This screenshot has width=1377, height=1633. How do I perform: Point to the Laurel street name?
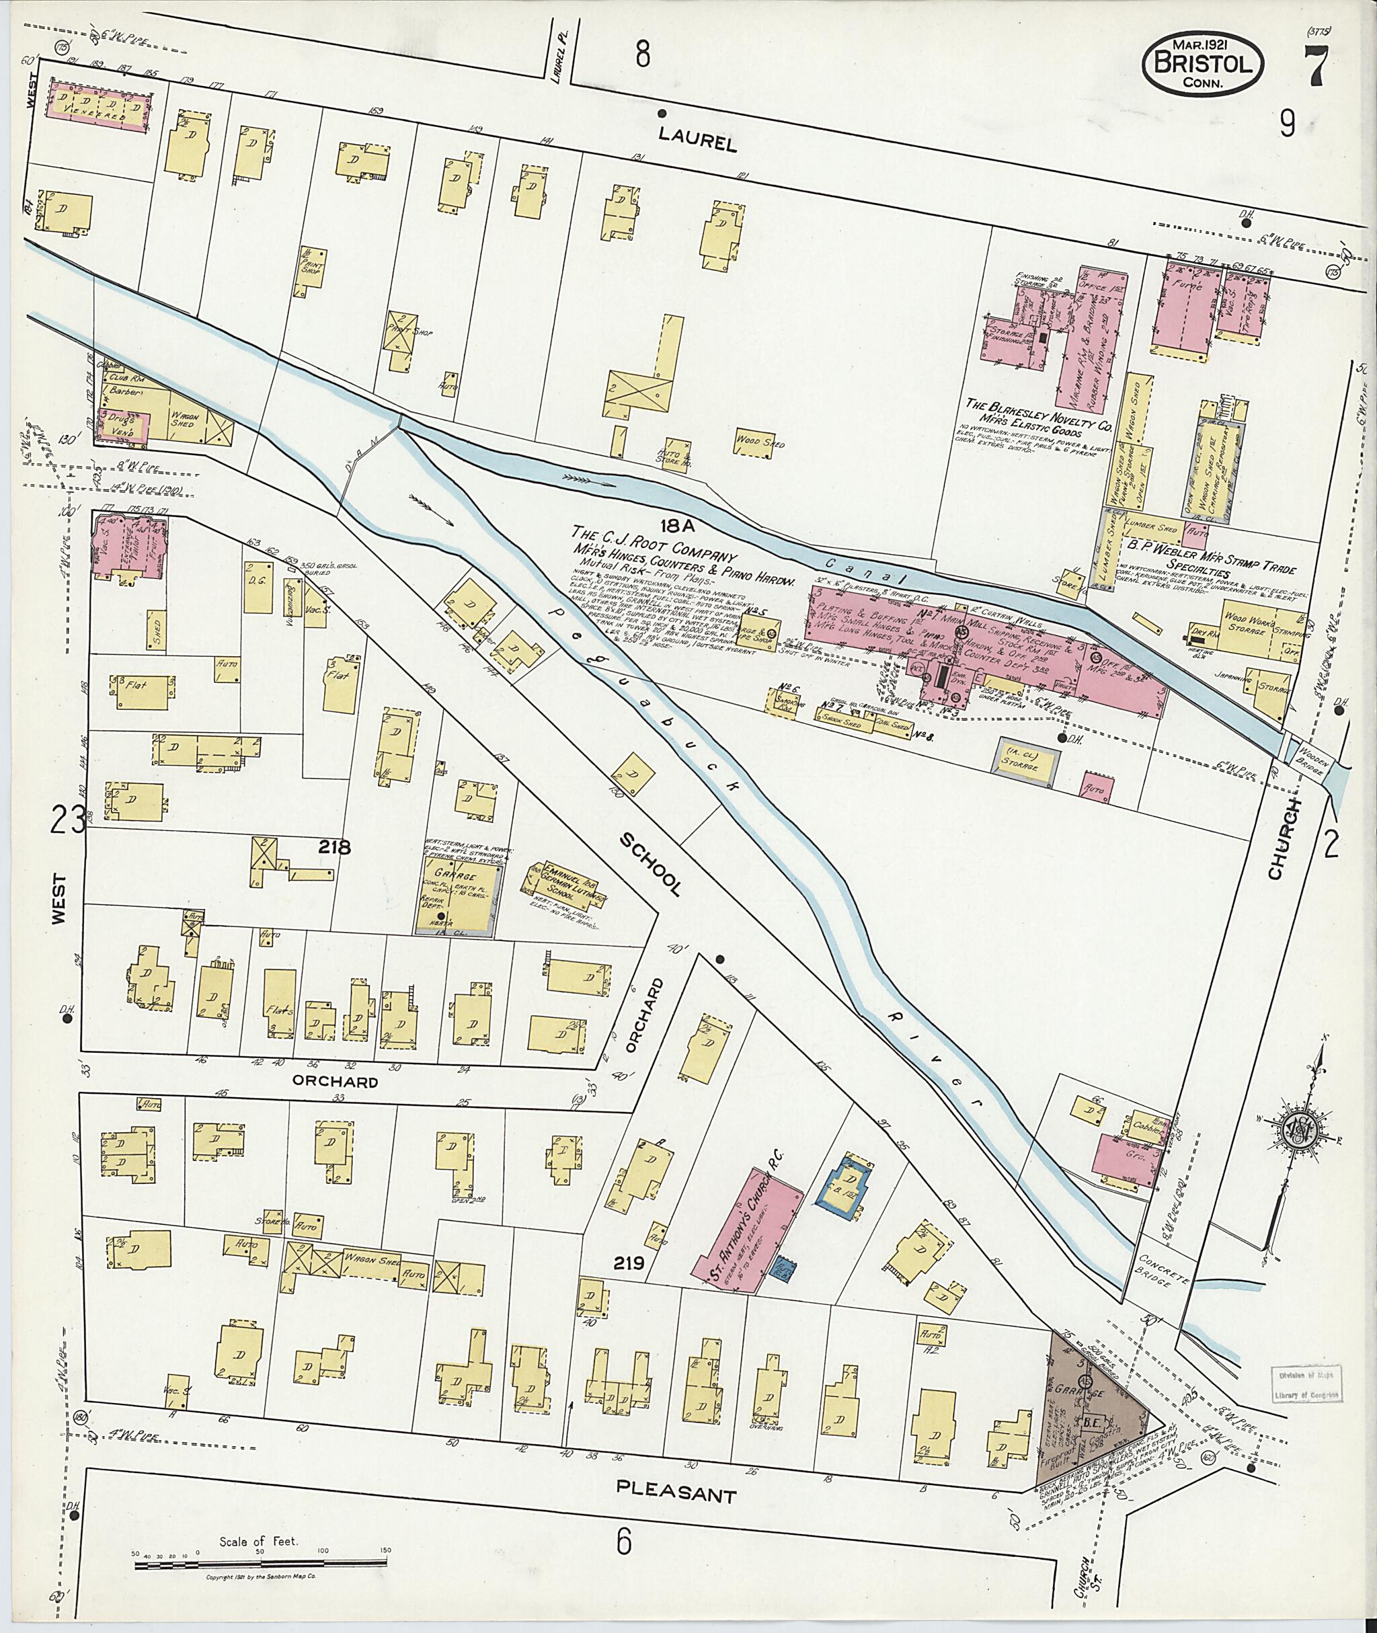click(697, 141)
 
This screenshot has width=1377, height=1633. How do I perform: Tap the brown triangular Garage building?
click(1089, 1394)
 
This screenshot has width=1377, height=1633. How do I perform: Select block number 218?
click(334, 846)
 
